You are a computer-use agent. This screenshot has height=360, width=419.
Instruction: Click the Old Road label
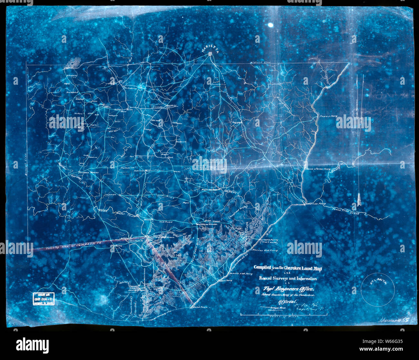tap(166, 222)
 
